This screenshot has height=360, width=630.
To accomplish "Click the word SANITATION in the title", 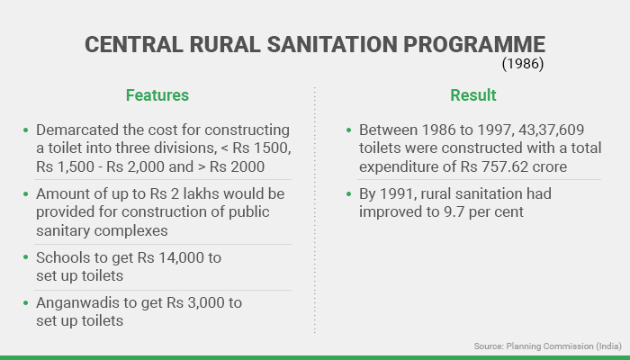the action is pos(332,44).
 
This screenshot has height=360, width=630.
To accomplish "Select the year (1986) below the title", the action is pos(523,64).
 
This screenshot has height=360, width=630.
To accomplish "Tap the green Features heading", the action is pos(157,95).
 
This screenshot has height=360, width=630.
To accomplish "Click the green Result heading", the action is pos(472,95).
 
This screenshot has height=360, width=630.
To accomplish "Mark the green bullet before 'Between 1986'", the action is pos(348,130).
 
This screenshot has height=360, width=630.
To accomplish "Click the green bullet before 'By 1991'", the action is pos(348,194).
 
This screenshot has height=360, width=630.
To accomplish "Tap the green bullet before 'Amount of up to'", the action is pos(26,194).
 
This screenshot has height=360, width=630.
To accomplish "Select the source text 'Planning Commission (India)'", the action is pos(563,346).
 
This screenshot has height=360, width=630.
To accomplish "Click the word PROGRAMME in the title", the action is pos(474,44).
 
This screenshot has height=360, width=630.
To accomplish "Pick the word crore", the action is pos(550,166).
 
